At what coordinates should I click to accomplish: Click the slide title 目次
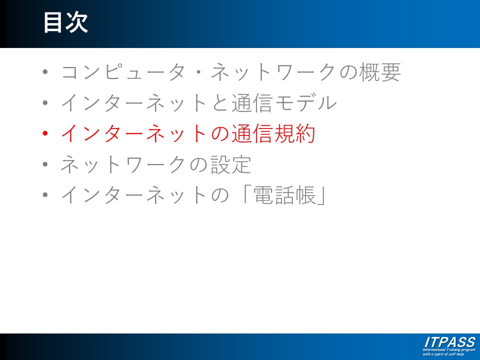point(65,22)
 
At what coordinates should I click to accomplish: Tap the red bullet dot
point(45,133)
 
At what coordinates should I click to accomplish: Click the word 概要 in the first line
point(380,72)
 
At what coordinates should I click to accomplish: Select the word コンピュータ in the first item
point(123,72)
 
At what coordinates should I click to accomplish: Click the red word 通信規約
point(273,133)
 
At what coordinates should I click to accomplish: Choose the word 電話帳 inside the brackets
point(284,195)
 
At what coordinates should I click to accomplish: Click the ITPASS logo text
point(449,342)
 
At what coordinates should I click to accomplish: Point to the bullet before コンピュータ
point(45,72)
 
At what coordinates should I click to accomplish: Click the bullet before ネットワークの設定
point(45,164)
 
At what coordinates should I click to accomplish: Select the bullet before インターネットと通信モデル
point(45,103)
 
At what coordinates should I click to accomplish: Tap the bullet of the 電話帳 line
point(45,195)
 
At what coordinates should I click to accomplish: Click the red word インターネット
point(134,133)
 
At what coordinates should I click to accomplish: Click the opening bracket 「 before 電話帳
point(246,193)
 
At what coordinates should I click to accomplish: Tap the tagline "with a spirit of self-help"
point(443,354)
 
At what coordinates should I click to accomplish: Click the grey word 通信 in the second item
point(252,103)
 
